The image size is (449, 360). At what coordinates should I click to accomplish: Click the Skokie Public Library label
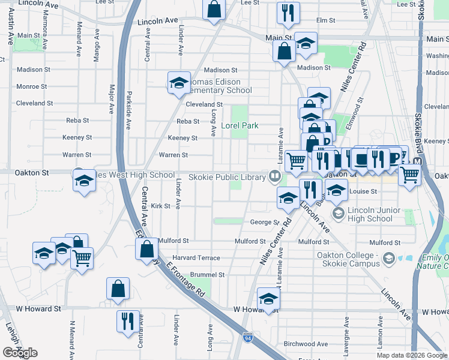228,177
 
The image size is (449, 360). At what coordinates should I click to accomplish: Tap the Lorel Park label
240,126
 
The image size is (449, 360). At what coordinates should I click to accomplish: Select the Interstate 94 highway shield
248,338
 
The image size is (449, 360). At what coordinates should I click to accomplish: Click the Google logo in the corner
20,353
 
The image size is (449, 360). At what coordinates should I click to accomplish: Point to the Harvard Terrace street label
196,258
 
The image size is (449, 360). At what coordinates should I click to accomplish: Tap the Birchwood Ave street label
306,344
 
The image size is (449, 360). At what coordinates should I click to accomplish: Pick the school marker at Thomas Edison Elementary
178,83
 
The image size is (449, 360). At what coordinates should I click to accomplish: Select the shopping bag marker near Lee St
214,10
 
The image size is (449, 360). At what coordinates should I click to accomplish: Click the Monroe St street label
28,86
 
